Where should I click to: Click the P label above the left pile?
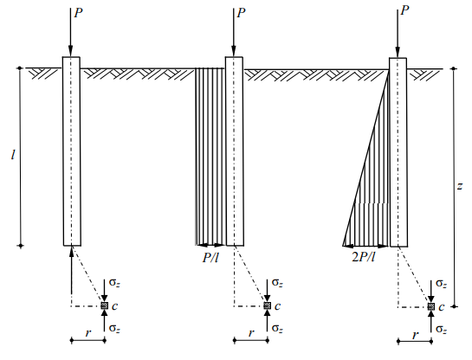click(78, 13)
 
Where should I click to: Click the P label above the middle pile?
click(241, 13)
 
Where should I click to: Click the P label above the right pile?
click(404, 10)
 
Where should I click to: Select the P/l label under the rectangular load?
click(210, 258)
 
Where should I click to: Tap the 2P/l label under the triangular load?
click(364, 257)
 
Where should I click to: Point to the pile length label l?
click(13, 155)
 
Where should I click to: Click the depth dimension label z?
click(460, 186)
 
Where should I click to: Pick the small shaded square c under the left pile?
click(104, 305)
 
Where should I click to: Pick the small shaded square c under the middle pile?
click(267, 305)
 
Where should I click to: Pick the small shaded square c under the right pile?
click(431, 306)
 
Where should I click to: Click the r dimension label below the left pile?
click(87, 333)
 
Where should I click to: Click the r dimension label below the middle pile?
click(251, 333)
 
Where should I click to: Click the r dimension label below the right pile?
click(415, 335)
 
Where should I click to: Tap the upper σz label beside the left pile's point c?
click(114, 283)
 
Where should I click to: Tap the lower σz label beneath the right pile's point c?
click(442, 330)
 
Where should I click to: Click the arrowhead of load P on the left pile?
click(70, 50)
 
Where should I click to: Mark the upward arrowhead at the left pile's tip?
click(71, 252)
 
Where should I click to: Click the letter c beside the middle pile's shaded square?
click(277, 306)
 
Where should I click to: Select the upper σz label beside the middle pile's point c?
click(277, 283)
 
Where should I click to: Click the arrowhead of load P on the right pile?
click(398, 52)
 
